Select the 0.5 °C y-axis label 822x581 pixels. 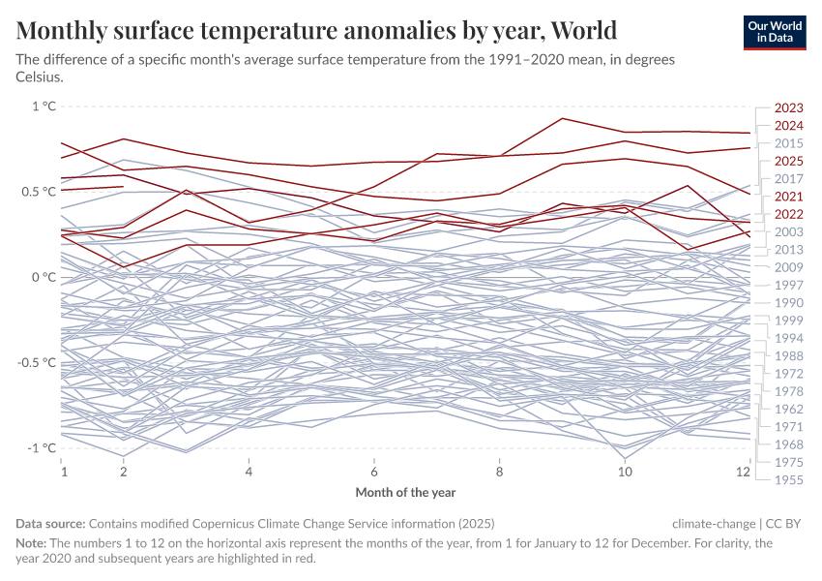pyautogui.click(x=36, y=192)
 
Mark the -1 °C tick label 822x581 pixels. pyautogui.click(x=39, y=447)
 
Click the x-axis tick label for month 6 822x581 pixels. pyautogui.click(x=374, y=472)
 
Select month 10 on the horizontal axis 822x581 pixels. pyautogui.click(x=625, y=472)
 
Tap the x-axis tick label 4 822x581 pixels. pyautogui.click(x=250, y=472)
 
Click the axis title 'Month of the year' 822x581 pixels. pyautogui.click(x=405, y=492)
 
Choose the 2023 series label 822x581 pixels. pyautogui.click(x=789, y=108)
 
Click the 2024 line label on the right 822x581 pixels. pyautogui.click(x=789, y=126)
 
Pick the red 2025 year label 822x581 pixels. pyautogui.click(x=789, y=161)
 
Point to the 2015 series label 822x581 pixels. pyautogui.click(x=789, y=143)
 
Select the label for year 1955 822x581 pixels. pyautogui.click(x=789, y=479)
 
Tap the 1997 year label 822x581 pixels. pyautogui.click(x=789, y=285)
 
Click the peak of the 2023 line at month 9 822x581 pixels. pyautogui.click(x=562, y=119)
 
